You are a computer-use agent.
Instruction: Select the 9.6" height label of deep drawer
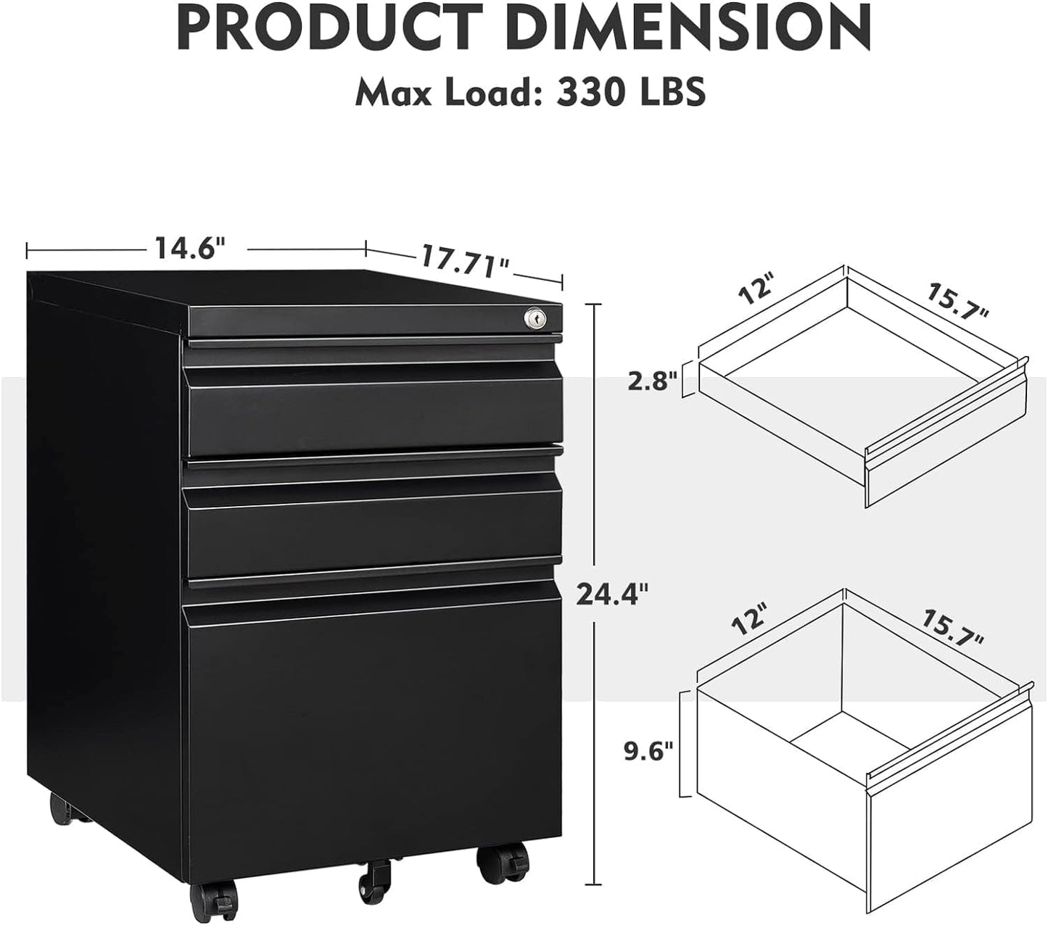coord(648,749)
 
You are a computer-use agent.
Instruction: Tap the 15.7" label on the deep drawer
coord(953,628)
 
